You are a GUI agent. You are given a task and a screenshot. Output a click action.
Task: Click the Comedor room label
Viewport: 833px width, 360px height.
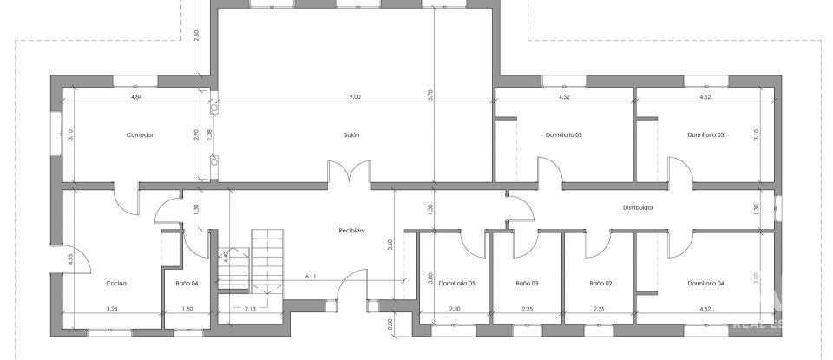click(140, 135)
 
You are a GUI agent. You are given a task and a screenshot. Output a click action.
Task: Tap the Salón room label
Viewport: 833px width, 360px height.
click(351, 135)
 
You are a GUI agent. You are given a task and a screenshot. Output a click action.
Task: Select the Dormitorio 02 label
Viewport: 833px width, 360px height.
click(563, 135)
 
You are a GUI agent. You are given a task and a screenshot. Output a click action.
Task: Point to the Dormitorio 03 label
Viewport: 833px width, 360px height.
click(705, 135)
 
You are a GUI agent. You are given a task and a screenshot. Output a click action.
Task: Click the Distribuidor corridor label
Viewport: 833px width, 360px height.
click(638, 208)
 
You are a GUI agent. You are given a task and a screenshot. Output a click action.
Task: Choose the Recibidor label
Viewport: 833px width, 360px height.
click(351, 231)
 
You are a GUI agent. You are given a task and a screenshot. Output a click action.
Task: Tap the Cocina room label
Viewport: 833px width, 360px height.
click(117, 284)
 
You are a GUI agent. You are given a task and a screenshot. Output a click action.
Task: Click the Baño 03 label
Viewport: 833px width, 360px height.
click(528, 284)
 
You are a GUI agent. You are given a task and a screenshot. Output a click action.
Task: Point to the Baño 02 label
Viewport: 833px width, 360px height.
click(600, 284)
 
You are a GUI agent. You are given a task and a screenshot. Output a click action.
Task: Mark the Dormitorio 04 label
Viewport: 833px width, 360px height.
click(705, 284)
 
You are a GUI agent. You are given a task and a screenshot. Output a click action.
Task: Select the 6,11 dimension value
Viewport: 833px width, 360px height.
click(311, 276)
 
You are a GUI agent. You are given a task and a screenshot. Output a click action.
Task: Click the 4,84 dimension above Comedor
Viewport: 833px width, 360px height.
click(136, 97)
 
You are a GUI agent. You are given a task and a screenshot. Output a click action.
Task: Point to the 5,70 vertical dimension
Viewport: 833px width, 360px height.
click(430, 97)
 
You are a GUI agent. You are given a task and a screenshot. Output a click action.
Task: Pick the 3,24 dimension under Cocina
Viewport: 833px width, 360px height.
click(112, 309)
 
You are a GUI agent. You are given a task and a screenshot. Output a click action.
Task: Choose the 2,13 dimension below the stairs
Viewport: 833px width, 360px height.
click(249, 309)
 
